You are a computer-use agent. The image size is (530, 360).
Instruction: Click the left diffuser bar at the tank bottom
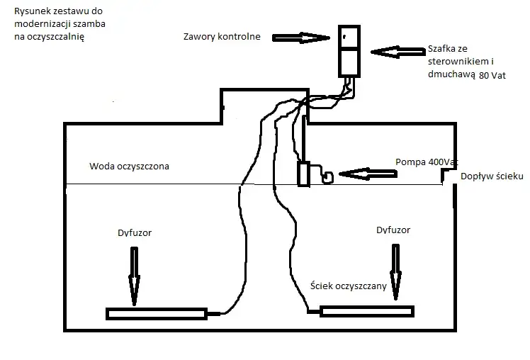[x=156, y=313]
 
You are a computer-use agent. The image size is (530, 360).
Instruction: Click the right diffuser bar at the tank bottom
[x=366, y=311]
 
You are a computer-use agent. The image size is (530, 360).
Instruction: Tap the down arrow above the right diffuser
[x=393, y=269]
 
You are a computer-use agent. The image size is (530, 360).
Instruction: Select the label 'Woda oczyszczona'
[x=130, y=167]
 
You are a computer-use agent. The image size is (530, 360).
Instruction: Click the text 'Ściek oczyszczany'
[x=348, y=286]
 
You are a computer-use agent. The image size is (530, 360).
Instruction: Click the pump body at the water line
[x=304, y=174]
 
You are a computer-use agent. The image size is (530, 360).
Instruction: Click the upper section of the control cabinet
[x=349, y=37]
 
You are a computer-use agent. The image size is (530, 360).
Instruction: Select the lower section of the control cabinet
[x=349, y=62]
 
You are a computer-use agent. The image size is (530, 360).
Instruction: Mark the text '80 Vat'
[x=493, y=74]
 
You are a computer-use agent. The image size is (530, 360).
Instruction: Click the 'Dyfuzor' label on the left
[x=134, y=232]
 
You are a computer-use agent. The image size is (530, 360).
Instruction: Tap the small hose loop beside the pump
[x=328, y=178]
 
